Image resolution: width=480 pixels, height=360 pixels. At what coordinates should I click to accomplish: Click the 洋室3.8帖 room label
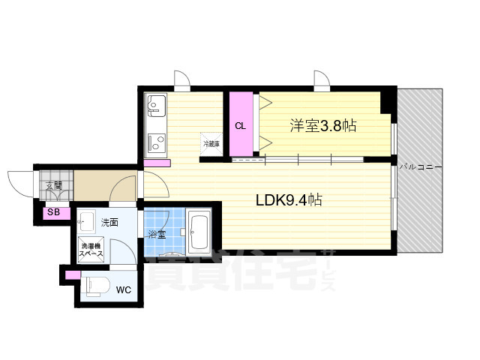click(x=322, y=126)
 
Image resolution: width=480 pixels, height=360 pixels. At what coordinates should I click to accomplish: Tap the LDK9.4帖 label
click(x=289, y=201)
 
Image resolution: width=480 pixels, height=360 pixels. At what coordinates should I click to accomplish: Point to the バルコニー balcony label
click(x=420, y=166)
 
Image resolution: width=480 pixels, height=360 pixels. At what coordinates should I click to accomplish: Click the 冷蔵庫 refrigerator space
click(x=211, y=142)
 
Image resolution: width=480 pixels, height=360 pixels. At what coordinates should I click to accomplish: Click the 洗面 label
click(x=110, y=222)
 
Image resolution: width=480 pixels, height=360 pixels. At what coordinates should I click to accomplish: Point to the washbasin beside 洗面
click(x=87, y=220)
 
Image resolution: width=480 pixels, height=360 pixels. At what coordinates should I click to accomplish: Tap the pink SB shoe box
click(x=54, y=212)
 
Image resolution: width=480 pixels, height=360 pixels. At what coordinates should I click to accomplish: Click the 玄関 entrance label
click(x=53, y=185)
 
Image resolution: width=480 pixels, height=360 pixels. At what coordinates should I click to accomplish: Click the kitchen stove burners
click(x=157, y=141)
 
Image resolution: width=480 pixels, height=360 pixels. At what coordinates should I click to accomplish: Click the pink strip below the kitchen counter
click(x=157, y=163)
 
